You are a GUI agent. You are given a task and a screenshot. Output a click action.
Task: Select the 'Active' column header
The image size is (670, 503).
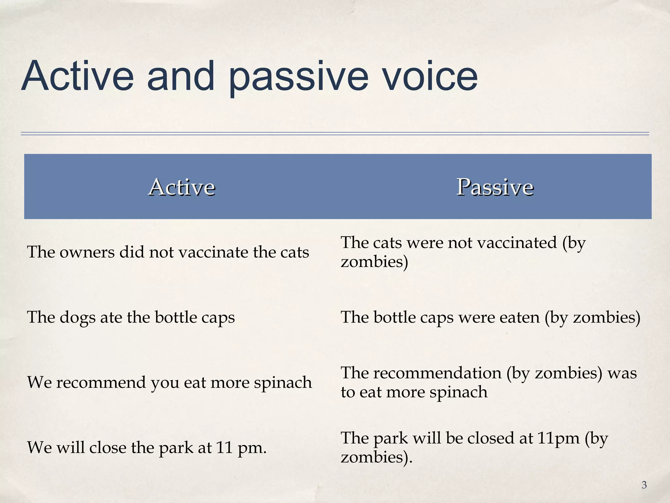tap(182, 187)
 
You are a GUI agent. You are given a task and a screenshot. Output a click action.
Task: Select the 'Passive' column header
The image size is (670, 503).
tap(495, 187)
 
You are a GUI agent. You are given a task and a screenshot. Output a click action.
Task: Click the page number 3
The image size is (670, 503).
tap(644, 485)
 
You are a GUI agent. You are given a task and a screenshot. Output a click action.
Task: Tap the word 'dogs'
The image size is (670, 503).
tap(77, 317)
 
